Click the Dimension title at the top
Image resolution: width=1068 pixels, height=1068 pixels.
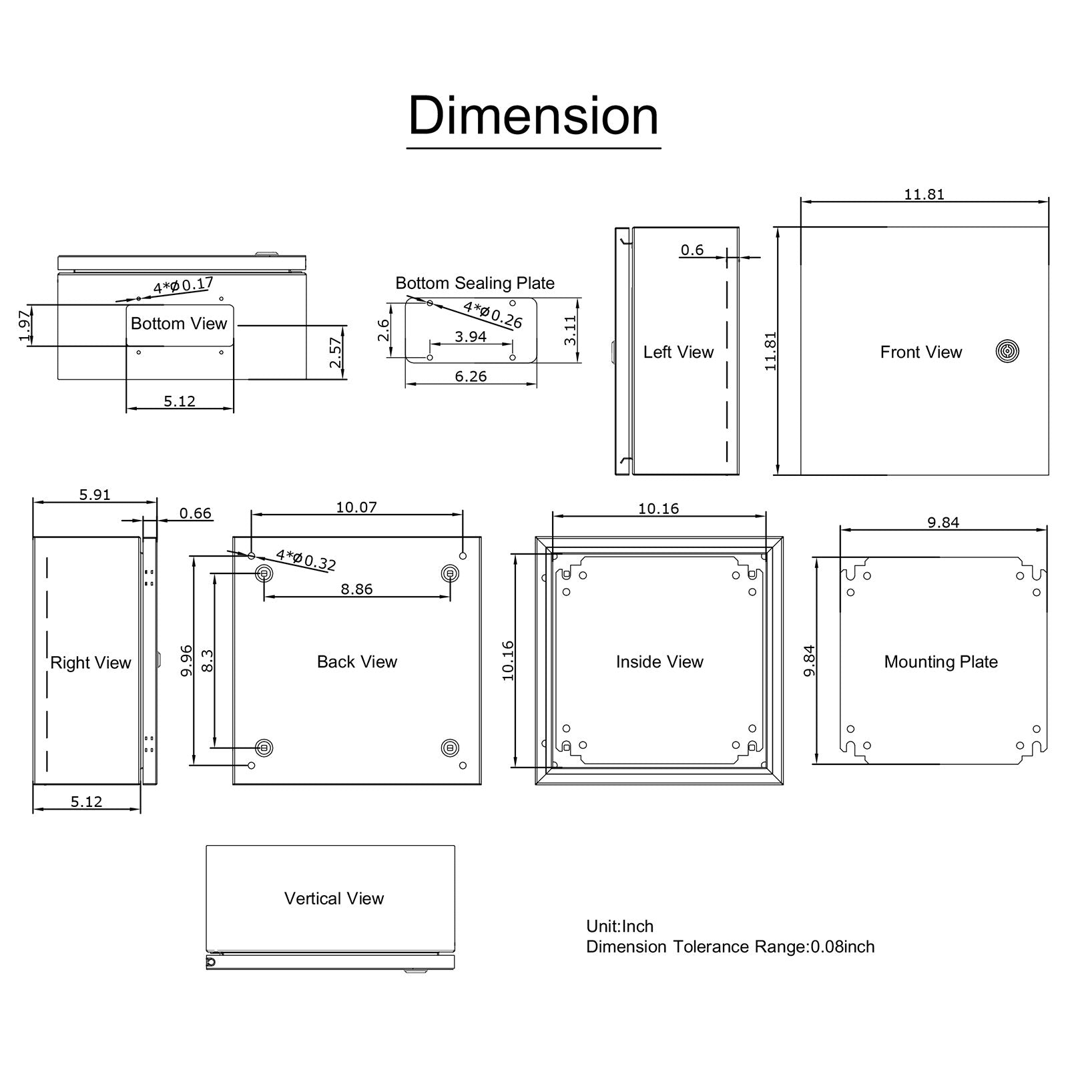tap(533, 116)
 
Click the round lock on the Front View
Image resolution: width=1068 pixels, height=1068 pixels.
tap(1007, 351)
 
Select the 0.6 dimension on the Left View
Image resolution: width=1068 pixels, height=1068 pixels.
tap(692, 250)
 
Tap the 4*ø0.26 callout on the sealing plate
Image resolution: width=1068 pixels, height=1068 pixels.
tap(493, 314)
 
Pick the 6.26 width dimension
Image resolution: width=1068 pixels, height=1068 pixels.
tap(471, 376)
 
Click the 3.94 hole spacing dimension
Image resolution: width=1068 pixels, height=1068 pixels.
tap(471, 336)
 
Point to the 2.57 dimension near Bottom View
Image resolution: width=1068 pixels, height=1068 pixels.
tap(335, 352)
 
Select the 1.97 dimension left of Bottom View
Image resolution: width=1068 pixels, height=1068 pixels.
tap(25, 326)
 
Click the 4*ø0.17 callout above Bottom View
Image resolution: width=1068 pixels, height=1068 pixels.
tap(183, 286)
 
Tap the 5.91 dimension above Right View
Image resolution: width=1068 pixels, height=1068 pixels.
tap(95, 495)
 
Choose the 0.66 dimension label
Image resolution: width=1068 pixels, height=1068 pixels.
tap(195, 513)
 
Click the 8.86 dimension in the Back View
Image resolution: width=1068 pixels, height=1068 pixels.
tap(356, 589)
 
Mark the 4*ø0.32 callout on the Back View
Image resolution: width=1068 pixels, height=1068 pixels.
tap(306, 559)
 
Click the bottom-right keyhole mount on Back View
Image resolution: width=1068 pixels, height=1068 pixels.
tap(451, 748)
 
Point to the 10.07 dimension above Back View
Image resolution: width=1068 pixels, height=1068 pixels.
tap(356, 507)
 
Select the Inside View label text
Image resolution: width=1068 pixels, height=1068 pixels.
tap(659, 661)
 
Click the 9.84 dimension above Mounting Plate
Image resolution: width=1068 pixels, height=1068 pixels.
tap(943, 523)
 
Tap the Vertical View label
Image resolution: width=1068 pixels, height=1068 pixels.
tap(334, 898)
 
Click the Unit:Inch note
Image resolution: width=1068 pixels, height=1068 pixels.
tap(619, 926)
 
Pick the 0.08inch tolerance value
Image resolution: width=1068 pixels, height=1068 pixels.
tap(842, 947)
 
